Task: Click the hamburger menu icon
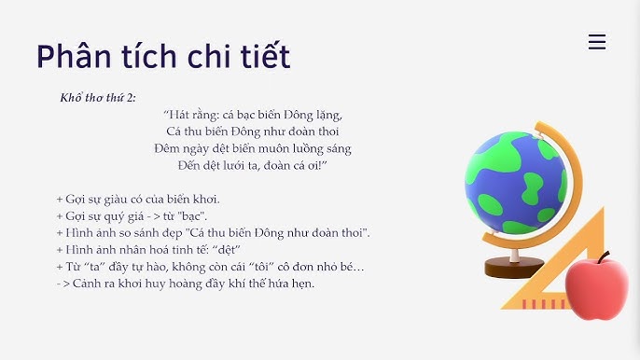click(597, 42)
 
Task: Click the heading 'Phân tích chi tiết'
click(163, 57)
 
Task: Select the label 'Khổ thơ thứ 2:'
click(98, 97)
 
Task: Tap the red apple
click(597, 289)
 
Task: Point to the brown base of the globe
click(516, 269)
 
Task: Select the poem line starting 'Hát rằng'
click(253, 115)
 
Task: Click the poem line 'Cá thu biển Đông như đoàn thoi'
click(253, 132)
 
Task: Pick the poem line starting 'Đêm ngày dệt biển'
click(253, 148)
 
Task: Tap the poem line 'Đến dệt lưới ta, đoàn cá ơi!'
click(253, 165)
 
